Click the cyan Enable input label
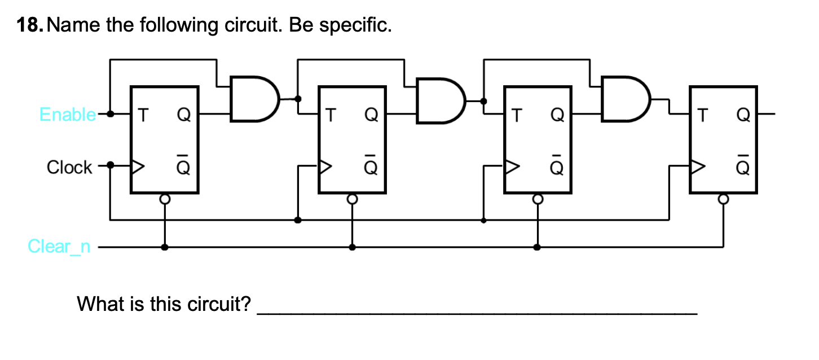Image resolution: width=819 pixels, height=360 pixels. tap(67, 115)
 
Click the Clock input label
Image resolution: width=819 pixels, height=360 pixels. tap(69, 168)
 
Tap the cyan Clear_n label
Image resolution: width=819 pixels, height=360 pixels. tap(59, 247)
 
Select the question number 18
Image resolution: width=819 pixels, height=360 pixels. tap(29, 26)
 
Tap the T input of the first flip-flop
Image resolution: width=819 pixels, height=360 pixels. tap(143, 115)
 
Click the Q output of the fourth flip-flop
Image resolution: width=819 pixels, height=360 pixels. tap(743, 115)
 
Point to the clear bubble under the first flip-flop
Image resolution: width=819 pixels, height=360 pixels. tap(165, 199)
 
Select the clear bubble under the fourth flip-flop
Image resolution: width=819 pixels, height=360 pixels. tap(723, 199)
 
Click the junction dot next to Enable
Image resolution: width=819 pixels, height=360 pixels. tap(111, 114)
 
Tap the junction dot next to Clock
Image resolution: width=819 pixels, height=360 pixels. tap(111, 166)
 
